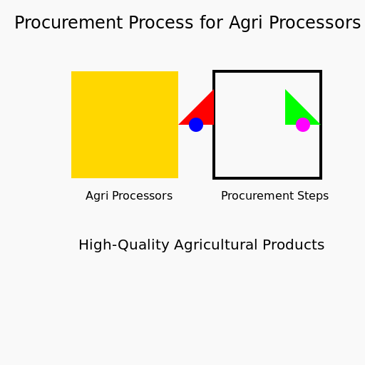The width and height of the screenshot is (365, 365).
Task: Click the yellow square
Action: tap(125, 125)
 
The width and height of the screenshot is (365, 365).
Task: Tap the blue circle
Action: tap(196, 125)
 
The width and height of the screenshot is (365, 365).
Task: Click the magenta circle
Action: tap(303, 125)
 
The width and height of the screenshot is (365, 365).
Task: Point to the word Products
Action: tap(294, 245)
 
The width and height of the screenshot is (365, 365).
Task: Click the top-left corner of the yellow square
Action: tap(71, 71)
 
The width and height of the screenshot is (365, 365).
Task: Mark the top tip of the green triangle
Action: tap(285, 89)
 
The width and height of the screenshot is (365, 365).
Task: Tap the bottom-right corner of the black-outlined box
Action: tap(321, 178)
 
